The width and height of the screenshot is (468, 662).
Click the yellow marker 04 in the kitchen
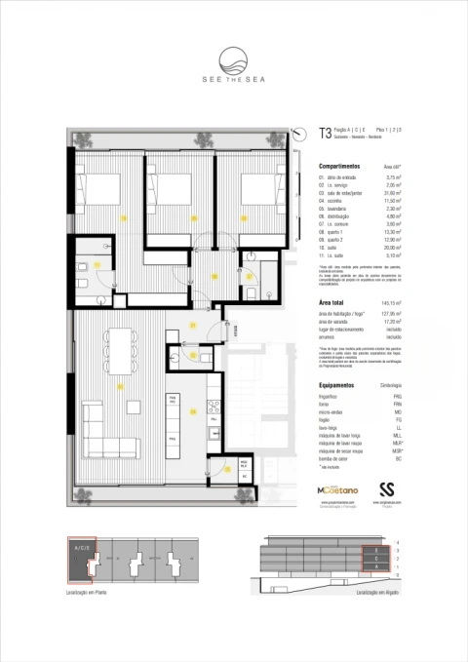point(195,411)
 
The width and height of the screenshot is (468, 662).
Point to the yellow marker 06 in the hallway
point(214,276)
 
